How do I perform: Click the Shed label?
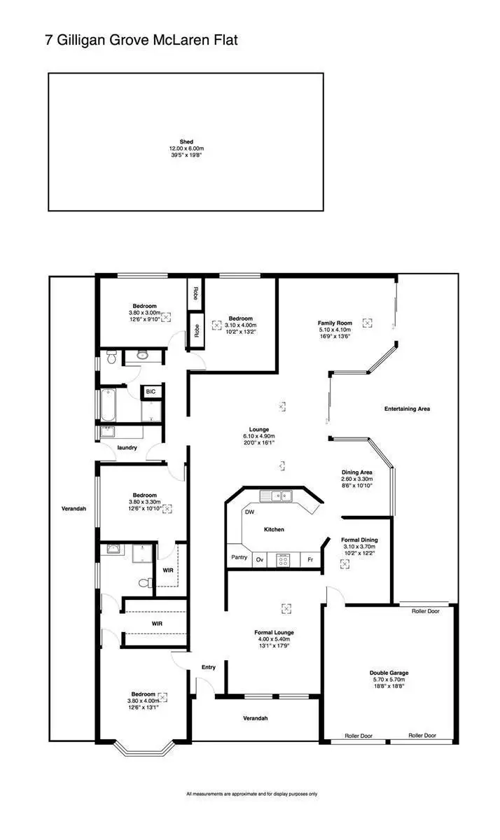coord(186,141)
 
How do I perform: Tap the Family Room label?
coord(334,323)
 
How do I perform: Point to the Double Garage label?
coord(389,673)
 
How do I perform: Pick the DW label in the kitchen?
coord(249,512)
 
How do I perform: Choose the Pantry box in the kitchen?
coord(239,558)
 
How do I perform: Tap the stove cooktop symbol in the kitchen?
coord(284,559)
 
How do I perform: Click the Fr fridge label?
coord(310,559)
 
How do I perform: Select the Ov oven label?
coord(259,559)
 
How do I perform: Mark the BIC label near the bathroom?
coord(151,392)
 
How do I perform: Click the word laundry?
coord(127,447)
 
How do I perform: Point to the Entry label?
coord(209,667)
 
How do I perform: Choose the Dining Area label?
coord(356,472)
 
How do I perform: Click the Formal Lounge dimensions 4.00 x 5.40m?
coord(273,638)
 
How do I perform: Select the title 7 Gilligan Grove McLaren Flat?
coord(142,41)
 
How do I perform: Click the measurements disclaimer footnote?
coord(251,794)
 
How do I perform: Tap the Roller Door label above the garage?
coord(424,611)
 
